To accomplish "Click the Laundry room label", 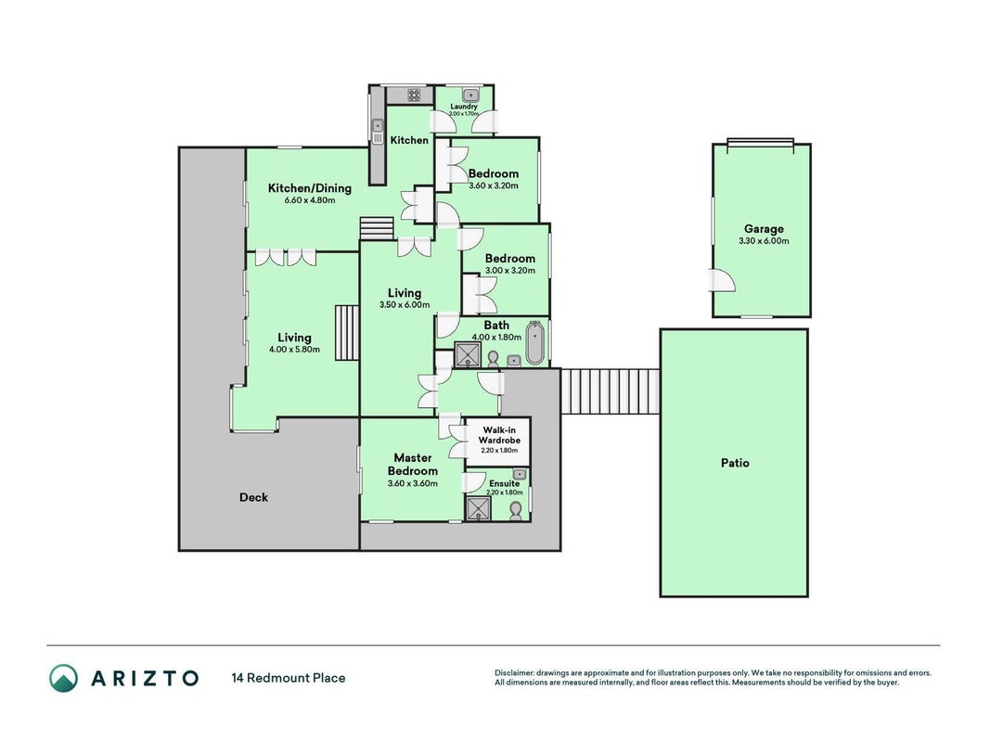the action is [x=463, y=107].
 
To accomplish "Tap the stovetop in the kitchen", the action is [x=414, y=96].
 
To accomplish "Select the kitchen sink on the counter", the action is [x=377, y=132].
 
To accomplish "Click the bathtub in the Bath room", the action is [x=534, y=343].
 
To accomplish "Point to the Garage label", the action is [x=764, y=229].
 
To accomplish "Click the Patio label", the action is [x=735, y=463].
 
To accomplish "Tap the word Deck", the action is [x=253, y=497].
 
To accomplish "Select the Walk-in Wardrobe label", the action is [x=499, y=435].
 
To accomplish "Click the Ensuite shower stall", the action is [x=478, y=508].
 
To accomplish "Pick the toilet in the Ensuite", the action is [x=516, y=511].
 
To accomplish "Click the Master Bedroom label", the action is [x=412, y=465].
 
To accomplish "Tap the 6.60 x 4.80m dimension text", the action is [x=309, y=200].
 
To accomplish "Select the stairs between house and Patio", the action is [x=610, y=391].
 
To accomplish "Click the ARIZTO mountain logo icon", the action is [x=64, y=678].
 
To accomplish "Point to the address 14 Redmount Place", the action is [x=289, y=678].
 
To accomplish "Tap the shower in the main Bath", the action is [x=468, y=354].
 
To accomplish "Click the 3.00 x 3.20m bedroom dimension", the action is [x=509, y=271].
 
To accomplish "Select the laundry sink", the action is [x=470, y=96].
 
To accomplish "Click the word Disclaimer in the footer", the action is [x=514, y=673].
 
